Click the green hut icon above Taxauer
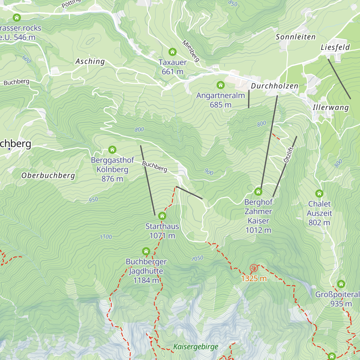(172, 52)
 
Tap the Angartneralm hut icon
(220, 85)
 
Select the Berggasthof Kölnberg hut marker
(112, 149)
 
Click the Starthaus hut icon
(162, 216)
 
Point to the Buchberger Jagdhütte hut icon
(146, 251)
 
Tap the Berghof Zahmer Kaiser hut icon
(258, 192)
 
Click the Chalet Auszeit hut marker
(319, 193)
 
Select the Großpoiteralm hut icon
(341, 284)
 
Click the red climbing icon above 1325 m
(254, 268)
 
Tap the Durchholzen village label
(274, 86)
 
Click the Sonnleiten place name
(295, 37)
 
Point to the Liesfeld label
(335, 47)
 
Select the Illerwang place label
(331, 108)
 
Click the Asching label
(90, 61)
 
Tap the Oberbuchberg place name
(48, 175)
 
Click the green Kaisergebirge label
(196, 347)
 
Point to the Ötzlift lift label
(288, 155)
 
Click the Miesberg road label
(191, 51)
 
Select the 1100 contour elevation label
(106, 237)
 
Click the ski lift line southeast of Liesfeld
(339, 79)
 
